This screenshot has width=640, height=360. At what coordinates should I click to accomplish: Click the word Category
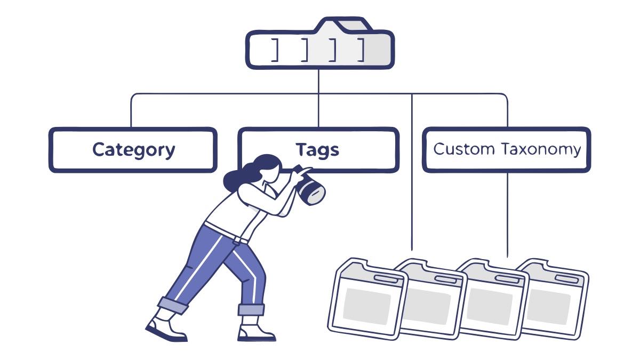(x=133, y=150)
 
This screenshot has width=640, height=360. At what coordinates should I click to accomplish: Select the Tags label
(x=317, y=150)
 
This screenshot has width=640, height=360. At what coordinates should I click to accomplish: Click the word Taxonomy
(x=541, y=149)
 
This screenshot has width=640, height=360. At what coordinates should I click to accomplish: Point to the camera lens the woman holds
(x=312, y=190)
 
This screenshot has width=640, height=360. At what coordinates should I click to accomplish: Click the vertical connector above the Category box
(x=131, y=112)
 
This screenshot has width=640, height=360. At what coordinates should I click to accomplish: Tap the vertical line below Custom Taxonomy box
(x=507, y=213)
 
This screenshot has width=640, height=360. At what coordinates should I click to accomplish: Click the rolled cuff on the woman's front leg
(x=251, y=309)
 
